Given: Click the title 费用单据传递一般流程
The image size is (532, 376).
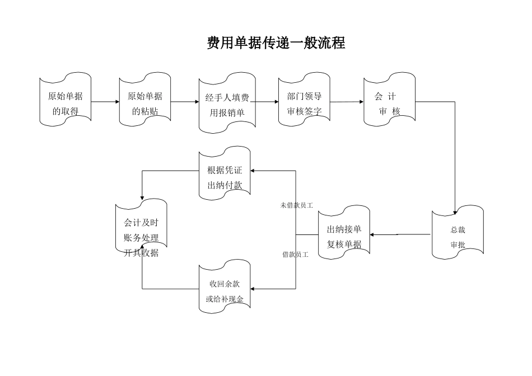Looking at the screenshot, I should coord(276,43).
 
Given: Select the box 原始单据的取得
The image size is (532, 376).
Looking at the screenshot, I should coord(65,102).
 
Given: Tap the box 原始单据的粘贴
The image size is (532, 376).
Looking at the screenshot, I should coord(145,102).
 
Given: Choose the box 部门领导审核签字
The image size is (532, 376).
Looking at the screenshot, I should coord(304,102).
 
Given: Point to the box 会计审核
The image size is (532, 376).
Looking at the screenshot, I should coord(389,102).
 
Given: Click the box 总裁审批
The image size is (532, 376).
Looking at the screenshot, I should coord(458,237).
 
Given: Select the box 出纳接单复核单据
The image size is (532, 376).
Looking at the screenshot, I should coord(344,236).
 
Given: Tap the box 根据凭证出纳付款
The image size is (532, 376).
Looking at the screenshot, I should coord(225,177).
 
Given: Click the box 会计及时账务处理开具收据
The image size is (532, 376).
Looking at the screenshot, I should coord(141,237).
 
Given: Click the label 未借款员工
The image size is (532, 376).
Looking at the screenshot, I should coord(296,205).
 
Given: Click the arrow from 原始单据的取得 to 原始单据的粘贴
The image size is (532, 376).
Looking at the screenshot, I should coord(105,102).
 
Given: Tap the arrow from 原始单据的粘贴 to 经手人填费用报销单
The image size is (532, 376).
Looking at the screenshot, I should coord(185,102).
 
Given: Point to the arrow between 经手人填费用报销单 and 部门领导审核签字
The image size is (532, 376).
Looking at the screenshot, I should coord(264,102).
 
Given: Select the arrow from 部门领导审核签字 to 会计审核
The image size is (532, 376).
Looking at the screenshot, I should coord(347,102).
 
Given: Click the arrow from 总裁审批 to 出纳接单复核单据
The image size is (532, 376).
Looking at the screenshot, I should coord(400,234).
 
